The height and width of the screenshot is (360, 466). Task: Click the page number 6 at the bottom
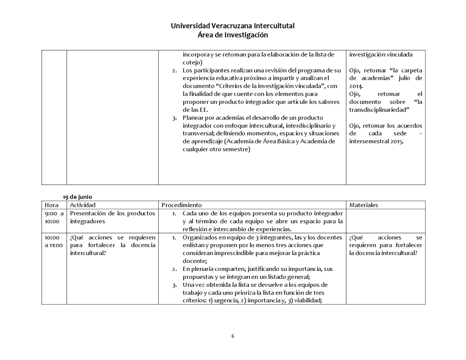(233, 336)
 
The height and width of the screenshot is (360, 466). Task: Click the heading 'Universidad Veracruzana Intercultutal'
(233, 26)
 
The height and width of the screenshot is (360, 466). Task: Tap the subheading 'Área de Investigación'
(233, 35)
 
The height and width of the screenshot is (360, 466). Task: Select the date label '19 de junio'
(77, 197)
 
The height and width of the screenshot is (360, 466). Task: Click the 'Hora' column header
(52, 205)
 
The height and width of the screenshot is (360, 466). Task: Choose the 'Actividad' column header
(83, 205)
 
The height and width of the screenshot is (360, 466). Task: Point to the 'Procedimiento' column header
(181, 205)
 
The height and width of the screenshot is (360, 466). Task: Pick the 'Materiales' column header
(363, 205)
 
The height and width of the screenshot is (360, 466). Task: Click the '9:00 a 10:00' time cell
(54, 217)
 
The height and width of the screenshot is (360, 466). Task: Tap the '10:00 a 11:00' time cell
(54, 241)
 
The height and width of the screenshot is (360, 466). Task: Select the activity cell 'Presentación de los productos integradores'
(112, 217)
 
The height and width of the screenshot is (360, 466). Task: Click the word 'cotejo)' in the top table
(192, 62)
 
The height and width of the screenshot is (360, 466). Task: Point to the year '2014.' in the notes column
(356, 86)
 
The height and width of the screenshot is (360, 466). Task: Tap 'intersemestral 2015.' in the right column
(376, 141)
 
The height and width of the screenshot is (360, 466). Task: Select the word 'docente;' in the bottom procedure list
(194, 261)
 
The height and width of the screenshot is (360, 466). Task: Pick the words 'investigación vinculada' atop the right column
(381, 55)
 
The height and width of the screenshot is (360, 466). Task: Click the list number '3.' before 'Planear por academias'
(175, 118)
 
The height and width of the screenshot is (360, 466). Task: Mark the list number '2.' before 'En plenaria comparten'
(175, 269)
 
